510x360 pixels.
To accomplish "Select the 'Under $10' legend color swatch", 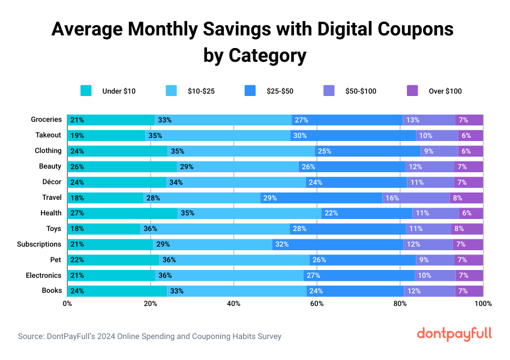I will tap(86, 91).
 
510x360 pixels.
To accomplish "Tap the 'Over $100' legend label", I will tap(445, 91).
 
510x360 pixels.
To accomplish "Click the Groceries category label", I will tap(46, 119).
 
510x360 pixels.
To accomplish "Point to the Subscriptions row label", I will tap(40, 244).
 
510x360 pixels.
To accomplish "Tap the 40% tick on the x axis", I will tap(233, 304).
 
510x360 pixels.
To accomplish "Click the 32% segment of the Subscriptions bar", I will tap(338, 244).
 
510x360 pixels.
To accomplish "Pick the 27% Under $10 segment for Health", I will tap(122, 213).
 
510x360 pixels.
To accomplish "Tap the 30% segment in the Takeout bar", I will tap(353, 136).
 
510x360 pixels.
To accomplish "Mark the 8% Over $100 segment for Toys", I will tap(467, 229).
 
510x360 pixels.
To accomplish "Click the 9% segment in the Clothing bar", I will tap(439, 151).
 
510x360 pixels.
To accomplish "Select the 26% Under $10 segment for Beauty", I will tap(122, 166).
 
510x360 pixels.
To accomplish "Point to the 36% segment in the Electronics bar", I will tap(229, 275).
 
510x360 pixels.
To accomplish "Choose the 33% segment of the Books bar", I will tap(236, 291).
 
